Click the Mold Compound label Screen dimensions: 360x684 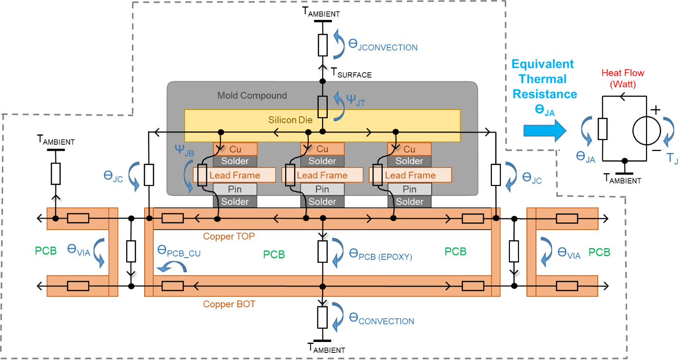tap(252, 95)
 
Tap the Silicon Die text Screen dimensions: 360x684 tap(290, 120)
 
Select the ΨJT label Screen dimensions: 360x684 tap(356, 101)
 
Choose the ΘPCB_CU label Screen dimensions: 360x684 tap(179, 251)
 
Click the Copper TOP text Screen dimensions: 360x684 tap(229, 236)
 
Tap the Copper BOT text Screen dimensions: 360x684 tap(229, 304)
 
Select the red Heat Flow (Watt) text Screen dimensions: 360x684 tap(623, 79)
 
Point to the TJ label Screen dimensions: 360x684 tap(672, 158)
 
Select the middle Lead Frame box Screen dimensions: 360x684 tap(322, 175)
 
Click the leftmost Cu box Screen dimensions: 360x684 tap(235, 149)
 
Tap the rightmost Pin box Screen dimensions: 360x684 tap(409, 189)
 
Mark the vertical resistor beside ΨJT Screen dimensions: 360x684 tap(323, 107)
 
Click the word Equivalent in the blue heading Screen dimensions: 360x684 tap(543, 64)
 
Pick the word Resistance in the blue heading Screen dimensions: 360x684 tap(545, 94)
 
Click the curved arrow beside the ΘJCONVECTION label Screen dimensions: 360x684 tap(339, 44)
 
